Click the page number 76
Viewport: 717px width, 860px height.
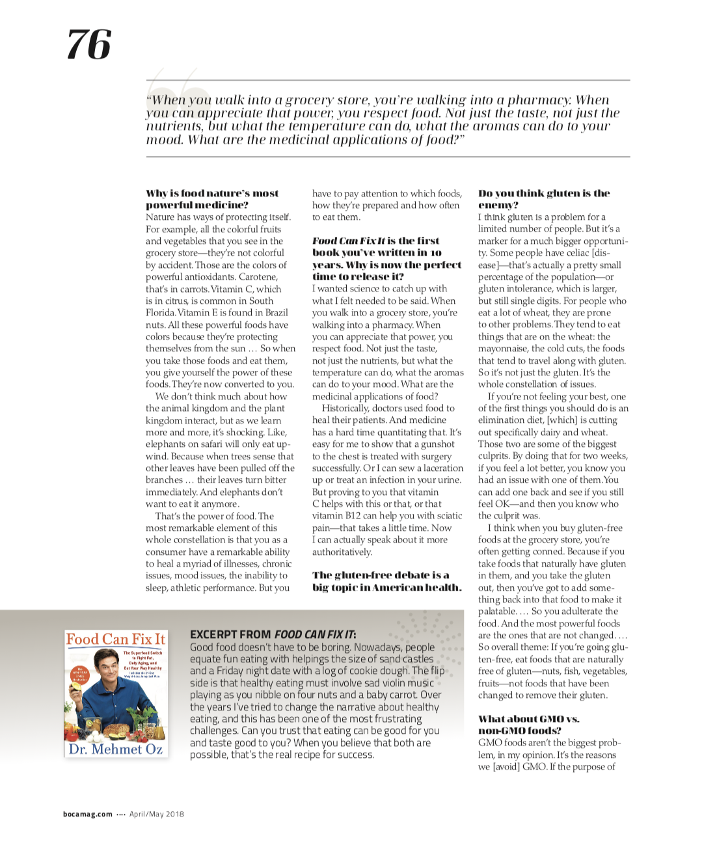tap(89, 44)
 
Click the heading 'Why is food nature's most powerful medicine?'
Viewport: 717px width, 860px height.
tap(212, 199)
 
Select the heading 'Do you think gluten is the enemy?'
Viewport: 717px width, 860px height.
tap(544, 199)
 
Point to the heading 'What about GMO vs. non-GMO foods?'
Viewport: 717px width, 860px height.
tap(528, 725)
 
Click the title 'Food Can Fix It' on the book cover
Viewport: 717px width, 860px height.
tap(116, 639)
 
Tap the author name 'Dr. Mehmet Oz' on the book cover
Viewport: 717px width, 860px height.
tap(116, 749)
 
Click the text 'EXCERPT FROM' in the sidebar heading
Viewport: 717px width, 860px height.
tap(230, 634)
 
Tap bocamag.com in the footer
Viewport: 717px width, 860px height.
tap(88, 814)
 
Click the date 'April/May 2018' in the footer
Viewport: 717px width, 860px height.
tap(157, 814)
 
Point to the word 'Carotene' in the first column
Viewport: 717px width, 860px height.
tap(258, 277)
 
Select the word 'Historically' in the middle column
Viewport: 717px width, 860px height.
tap(345, 409)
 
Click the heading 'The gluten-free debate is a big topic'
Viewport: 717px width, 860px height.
tap(386, 581)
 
